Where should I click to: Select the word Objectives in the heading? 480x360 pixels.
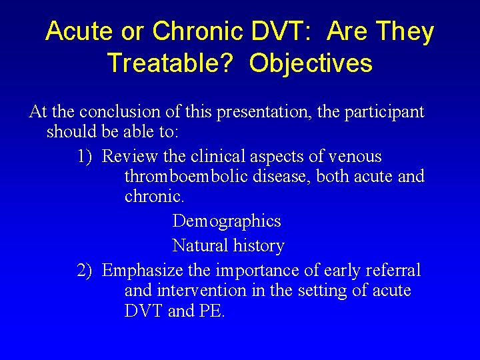point(311,63)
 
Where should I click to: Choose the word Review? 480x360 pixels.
point(130,157)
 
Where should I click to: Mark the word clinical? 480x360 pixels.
point(222,157)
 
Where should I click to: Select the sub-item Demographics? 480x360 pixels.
point(227,221)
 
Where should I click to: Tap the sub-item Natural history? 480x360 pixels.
point(228,245)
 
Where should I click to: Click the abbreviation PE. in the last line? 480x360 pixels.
point(213,311)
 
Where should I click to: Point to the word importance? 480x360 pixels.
point(253,270)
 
